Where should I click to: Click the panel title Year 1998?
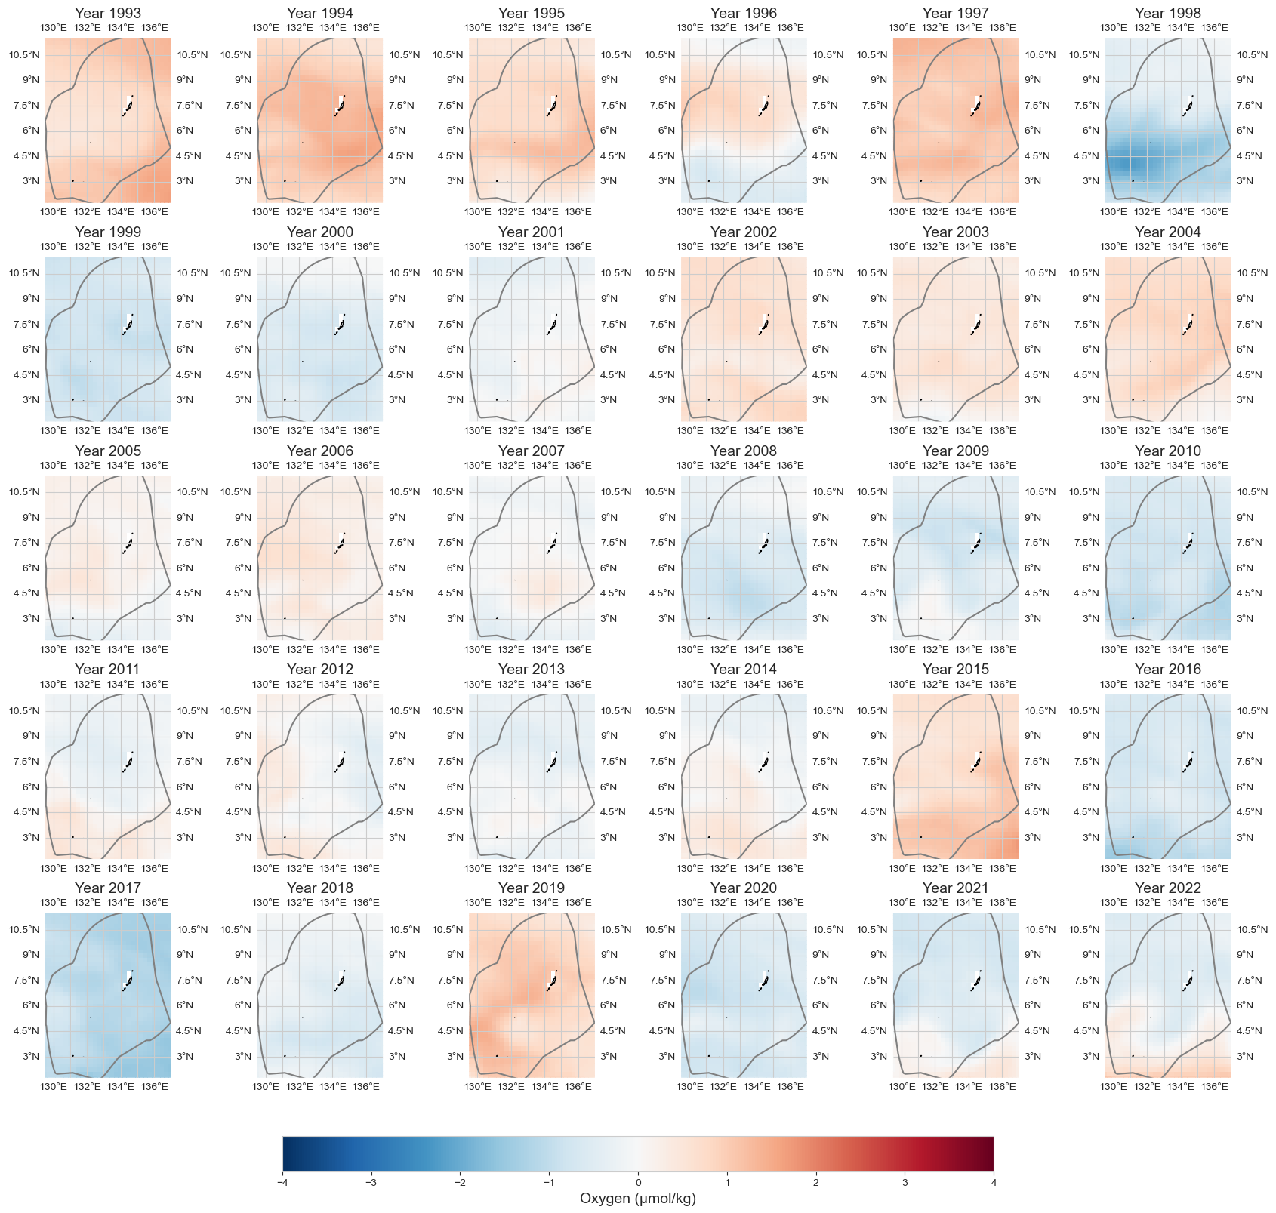1167,13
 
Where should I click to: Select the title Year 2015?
955,669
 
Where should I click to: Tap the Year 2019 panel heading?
531,888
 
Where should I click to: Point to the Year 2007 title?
531,451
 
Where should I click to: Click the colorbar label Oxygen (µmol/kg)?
637,1199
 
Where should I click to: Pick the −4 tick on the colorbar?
282,1183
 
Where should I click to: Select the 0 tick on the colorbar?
638,1183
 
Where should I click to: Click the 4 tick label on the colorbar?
993,1183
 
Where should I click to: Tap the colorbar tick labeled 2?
815,1183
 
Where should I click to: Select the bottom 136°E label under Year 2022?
1214,1086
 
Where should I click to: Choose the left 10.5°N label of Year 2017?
23,929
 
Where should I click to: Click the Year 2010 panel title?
1167,451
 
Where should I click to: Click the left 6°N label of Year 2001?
454,349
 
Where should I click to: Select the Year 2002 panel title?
743,232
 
